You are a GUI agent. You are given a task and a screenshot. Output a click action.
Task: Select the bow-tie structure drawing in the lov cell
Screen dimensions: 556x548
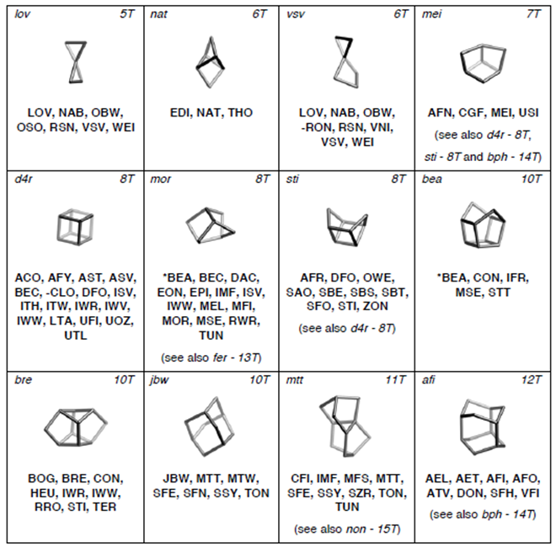click(76, 62)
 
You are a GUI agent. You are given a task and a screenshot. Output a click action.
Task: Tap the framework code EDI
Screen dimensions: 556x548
click(180, 113)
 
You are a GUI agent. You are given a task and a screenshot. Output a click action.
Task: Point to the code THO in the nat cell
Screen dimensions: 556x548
click(240, 113)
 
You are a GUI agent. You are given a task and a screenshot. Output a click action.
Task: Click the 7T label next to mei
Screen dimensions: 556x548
click(533, 14)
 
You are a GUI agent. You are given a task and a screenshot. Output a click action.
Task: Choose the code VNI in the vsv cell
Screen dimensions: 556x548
click(381, 127)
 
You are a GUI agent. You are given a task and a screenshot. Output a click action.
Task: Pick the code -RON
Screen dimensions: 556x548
click(317, 127)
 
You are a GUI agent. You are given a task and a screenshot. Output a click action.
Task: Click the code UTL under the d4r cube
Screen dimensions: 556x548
click(76, 336)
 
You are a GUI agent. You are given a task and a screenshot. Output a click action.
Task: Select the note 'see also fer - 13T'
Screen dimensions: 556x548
click(211, 357)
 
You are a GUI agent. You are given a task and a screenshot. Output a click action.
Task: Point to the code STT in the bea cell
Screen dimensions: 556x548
click(499, 293)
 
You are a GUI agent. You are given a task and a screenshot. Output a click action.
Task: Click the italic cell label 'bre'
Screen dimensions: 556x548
click(23, 379)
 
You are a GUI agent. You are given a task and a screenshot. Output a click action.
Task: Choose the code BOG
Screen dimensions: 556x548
click(43, 479)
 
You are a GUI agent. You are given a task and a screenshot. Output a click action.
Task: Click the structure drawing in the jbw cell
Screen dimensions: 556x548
click(210, 427)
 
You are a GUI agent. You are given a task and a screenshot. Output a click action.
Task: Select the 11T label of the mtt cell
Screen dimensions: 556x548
click(395, 379)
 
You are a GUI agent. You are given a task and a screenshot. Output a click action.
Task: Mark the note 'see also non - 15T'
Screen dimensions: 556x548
click(347, 529)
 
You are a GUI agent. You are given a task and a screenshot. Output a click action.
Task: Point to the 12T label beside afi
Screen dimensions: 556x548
click(532, 379)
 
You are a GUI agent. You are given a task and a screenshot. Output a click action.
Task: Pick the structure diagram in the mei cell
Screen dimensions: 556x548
click(483, 63)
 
